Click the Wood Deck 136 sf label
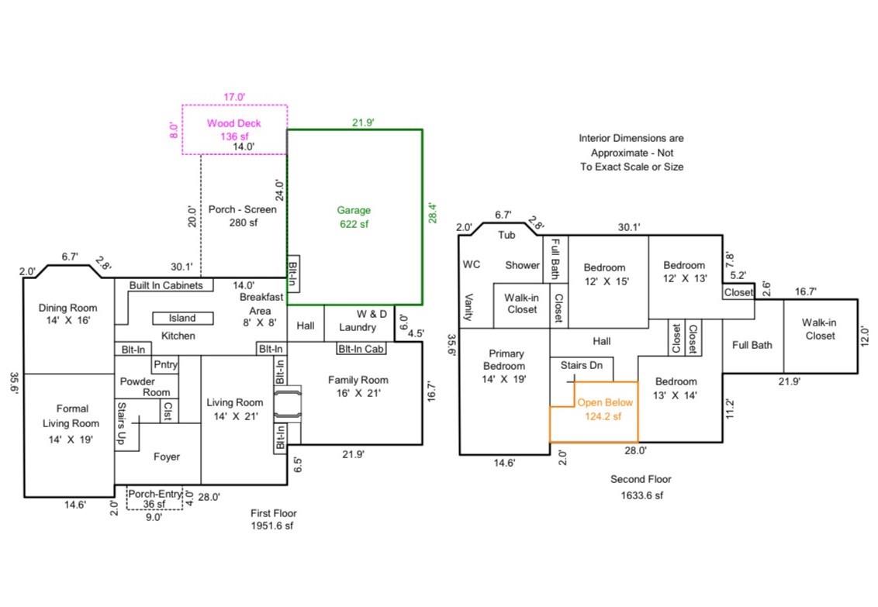[x=233, y=129]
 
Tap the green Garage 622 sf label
[x=354, y=217]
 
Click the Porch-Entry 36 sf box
[x=154, y=498]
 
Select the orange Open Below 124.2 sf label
[x=605, y=409]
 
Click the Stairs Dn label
[x=581, y=364]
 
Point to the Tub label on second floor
[x=506, y=234]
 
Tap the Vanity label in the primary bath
[x=468, y=311]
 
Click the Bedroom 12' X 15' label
[x=604, y=274]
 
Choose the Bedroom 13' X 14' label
[x=676, y=388]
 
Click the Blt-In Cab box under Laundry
[x=360, y=349]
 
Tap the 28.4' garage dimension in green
[x=433, y=213]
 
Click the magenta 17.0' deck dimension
[x=233, y=97]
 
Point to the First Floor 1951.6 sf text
[x=273, y=519]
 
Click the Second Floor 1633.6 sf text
[x=641, y=487]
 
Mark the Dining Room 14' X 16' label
[x=69, y=314]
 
